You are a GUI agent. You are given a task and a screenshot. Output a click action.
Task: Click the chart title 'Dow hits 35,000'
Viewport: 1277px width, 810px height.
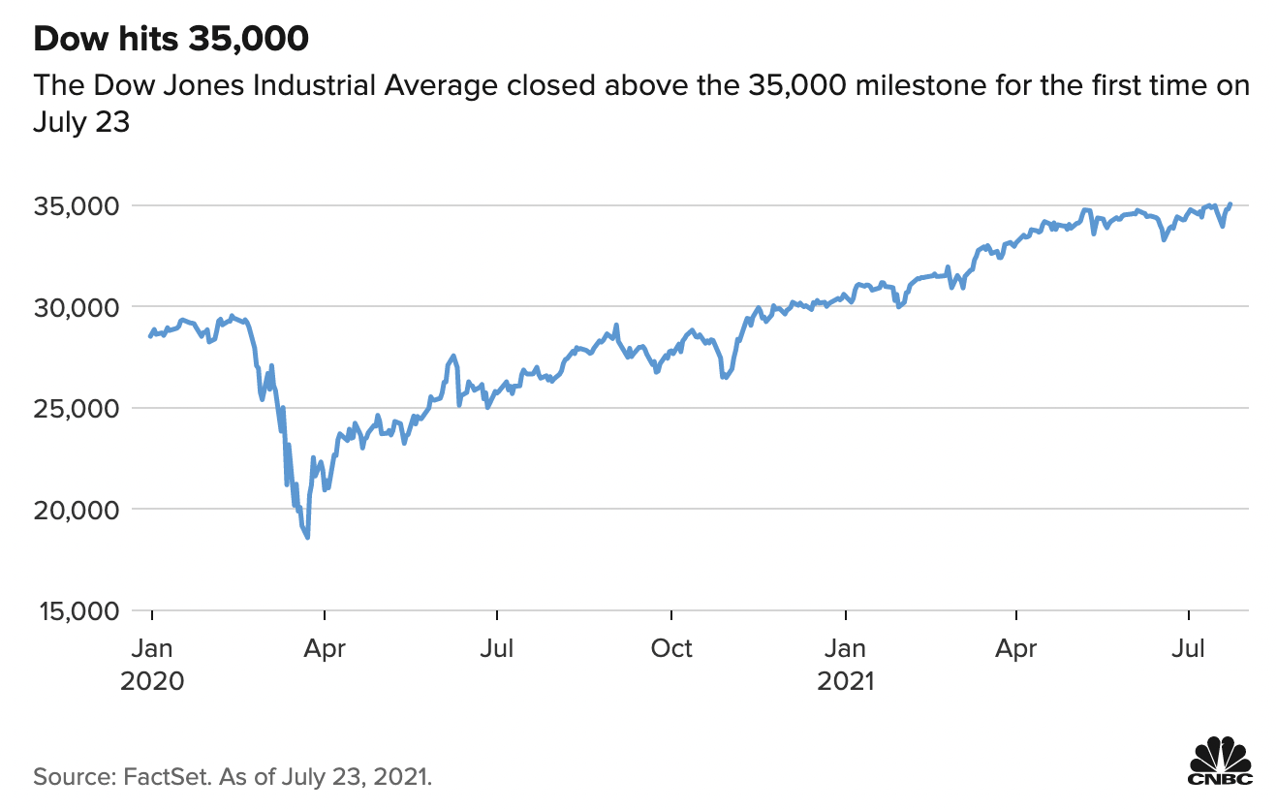tap(171, 39)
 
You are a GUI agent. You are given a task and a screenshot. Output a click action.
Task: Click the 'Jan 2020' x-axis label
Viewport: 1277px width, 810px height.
tap(152, 664)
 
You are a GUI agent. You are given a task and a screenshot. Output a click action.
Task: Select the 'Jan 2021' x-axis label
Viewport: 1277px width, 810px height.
tap(846, 664)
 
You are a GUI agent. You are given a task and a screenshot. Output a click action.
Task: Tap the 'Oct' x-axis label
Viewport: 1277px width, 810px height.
tap(670, 647)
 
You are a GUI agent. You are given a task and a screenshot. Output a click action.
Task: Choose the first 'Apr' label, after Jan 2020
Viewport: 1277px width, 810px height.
tap(325, 647)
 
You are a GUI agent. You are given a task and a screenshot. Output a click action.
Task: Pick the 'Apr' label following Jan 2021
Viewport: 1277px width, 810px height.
tap(1016, 647)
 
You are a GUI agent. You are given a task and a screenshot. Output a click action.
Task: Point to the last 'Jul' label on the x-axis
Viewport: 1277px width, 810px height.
tap(1189, 647)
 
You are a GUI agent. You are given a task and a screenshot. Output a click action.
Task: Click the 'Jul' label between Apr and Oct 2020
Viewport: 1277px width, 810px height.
tap(497, 647)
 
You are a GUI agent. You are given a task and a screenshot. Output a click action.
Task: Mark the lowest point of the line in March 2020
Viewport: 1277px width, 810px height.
tap(307, 538)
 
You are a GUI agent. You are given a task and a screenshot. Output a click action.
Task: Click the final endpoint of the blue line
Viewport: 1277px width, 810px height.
tap(1230, 203)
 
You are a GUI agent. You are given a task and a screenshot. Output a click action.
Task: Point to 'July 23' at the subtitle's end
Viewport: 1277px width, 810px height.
tap(80, 123)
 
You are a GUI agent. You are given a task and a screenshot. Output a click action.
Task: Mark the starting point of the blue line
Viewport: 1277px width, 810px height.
tap(148, 336)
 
